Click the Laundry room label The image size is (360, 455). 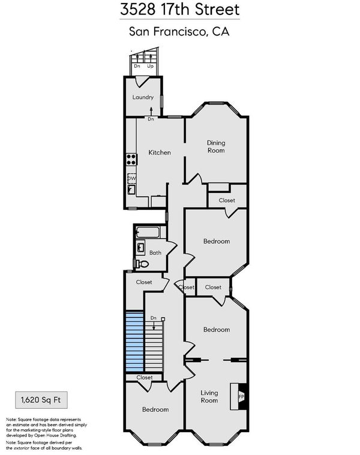click(x=143, y=97)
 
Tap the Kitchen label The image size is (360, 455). click(x=160, y=152)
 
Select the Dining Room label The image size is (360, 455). click(x=216, y=146)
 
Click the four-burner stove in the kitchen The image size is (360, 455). click(x=131, y=159)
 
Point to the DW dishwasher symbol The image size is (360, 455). click(x=131, y=178)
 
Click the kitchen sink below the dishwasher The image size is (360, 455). click(x=131, y=189)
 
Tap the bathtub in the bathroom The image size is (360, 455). click(x=148, y=232)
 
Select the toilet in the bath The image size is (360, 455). click(x=142, y=264)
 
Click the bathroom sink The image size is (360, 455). click(x=140, y=248)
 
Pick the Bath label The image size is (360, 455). click(x=155, y=253)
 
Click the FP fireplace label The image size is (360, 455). click(x=241, y=396)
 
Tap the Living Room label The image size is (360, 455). click(x=209, y=396)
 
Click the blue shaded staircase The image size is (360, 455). click(x=134, y=341)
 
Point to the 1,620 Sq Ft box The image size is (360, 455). click(x=41, y=400)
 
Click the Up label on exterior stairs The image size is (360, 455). click(x=150, y=66)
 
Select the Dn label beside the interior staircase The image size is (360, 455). click(x=153, y=318)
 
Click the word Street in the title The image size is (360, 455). click(x=217, y=9)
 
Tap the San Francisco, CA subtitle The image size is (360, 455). click(x=179, y=31)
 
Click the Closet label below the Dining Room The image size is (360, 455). click(x=227, y=200)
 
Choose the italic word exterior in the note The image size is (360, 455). click(x=22, y=448)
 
